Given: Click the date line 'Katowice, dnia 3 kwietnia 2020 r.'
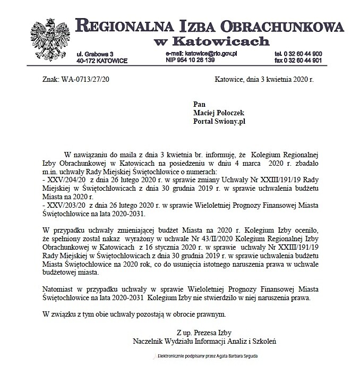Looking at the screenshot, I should click(264, 79).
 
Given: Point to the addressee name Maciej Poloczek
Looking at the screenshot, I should click(218, 113).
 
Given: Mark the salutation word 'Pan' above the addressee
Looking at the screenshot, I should click(200, 105).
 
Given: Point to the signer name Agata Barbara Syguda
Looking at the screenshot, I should click(237, 355).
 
